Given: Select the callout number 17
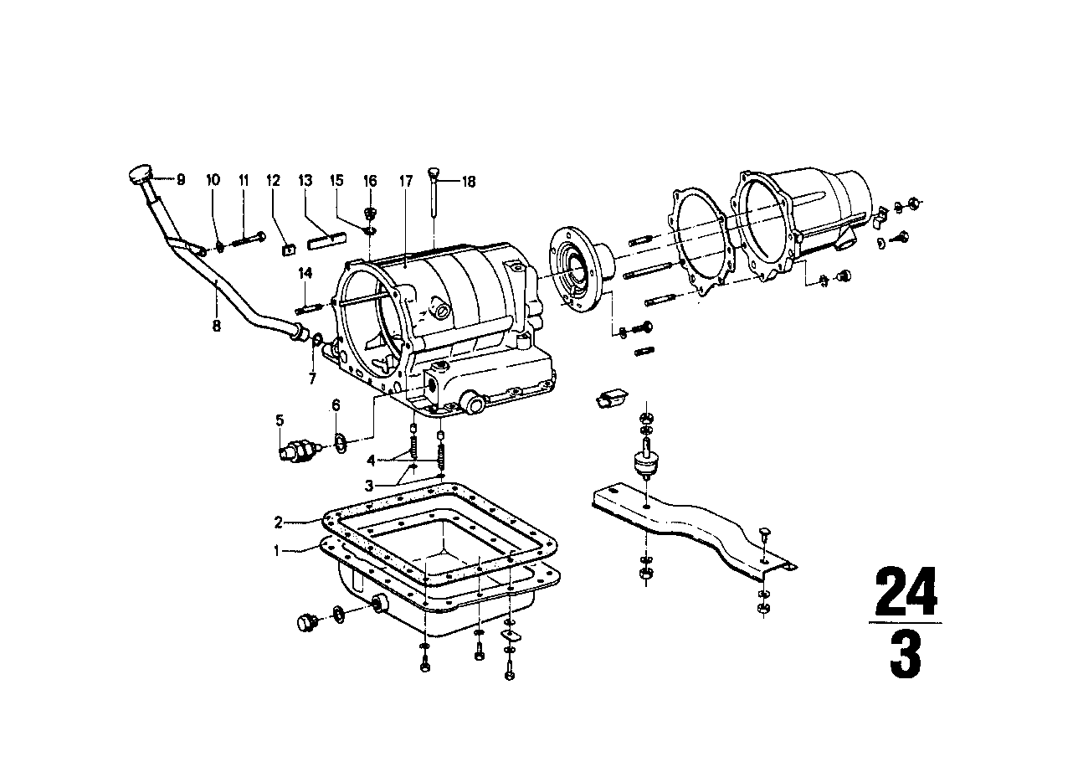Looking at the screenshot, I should click(406, 180).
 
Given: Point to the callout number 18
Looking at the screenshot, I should click(469, 181).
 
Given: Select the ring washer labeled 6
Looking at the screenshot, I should click(341, 441).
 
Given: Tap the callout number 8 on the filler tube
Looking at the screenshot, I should click(216, 326).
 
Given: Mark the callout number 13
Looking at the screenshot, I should click(305, 180).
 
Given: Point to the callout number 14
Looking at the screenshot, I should click(305, 273).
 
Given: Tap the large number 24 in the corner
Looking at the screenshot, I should click(906, 593).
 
